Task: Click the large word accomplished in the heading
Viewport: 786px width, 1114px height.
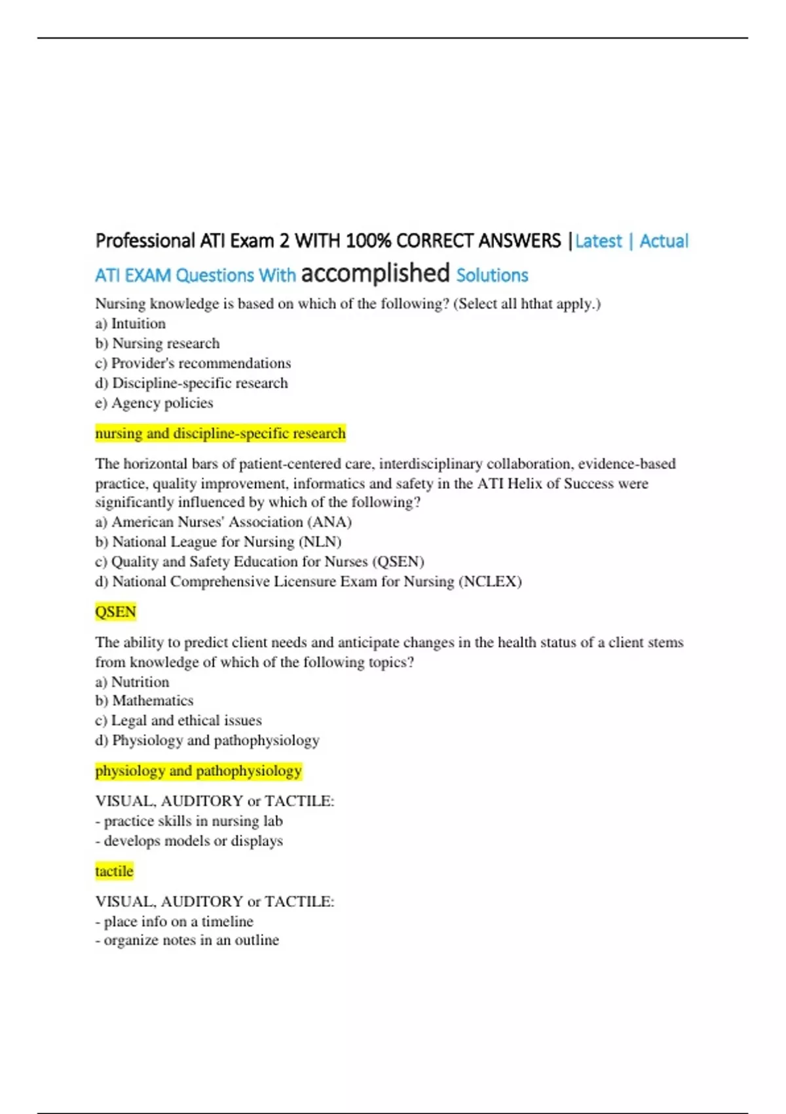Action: (x=375, y=273)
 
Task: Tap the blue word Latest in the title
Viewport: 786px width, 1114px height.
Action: (x=598, y=241)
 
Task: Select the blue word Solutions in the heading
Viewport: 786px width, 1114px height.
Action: (x=492, y=275)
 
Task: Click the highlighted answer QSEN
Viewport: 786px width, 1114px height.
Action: (x=115, y=612)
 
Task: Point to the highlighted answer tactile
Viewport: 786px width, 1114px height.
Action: (x=114, y=872)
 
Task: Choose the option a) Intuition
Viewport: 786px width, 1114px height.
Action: (x=130, y=324)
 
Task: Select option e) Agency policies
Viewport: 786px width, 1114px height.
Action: (x=154, y=403)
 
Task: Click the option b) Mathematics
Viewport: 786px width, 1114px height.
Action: (x=144, y=701)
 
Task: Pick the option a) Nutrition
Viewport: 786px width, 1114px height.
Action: (x=132, y=682)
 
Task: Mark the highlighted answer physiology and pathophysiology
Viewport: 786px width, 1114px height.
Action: (x=198, y=771)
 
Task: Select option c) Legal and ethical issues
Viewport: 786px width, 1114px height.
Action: (x=178, y=721)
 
